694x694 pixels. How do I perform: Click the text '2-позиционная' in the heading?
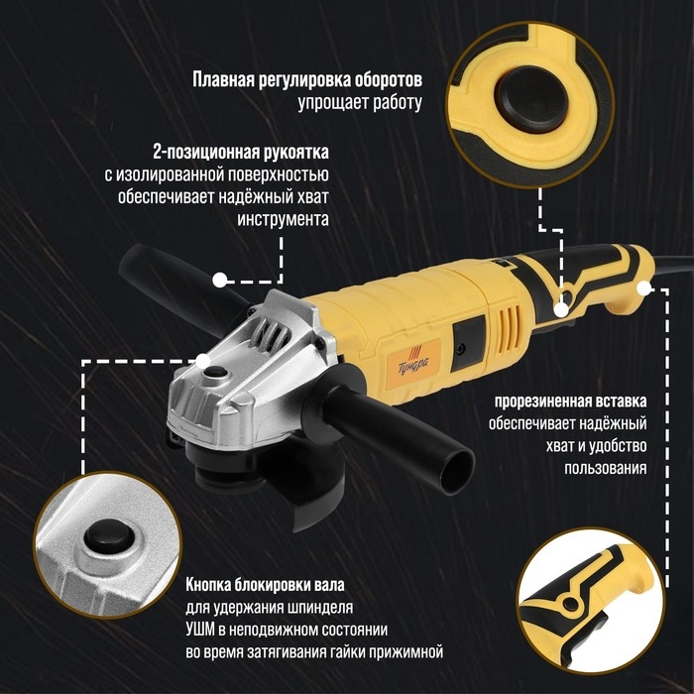pyautogui.click(x=204, y=153)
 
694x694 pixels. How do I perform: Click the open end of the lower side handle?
pyautogui.click(x=457, y=467)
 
